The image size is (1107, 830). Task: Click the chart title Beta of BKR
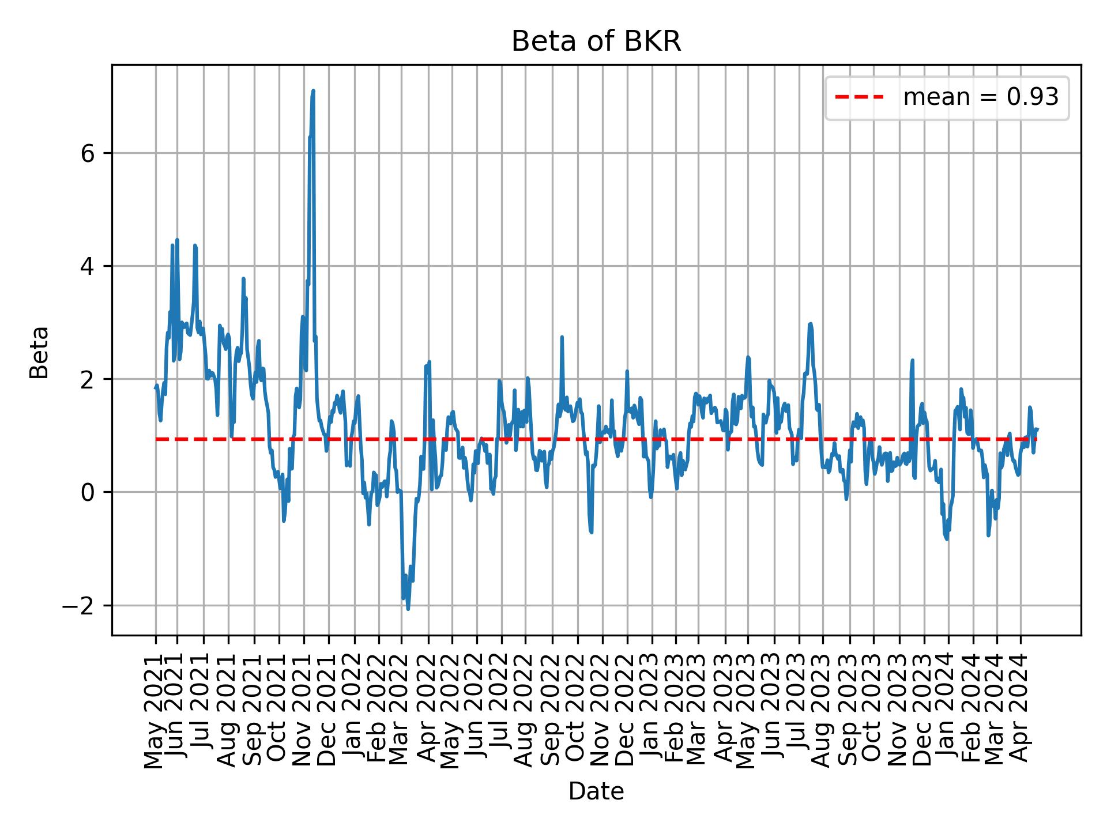(x=596, y=41)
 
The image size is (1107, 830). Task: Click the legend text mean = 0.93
(x=981, y=97)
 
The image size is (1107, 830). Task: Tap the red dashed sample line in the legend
(x=859, y=97)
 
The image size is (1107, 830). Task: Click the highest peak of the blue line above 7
(x=313, y=90)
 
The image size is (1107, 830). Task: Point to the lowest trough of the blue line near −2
(x=408, y=609)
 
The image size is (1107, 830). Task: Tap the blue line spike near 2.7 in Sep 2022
(x=562, y=337)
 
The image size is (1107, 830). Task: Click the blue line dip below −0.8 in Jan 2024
(x=947, y=539)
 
